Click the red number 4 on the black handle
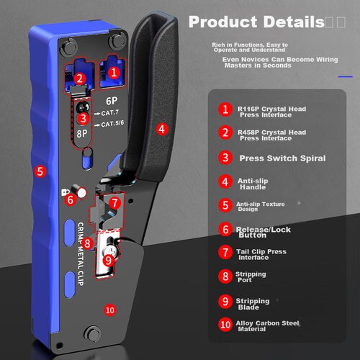click(x=161, y=130)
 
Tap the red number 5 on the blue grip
click(x=40, y=171)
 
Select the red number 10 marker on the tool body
click(x=110, y=310)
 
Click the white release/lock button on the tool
click(x=81, y=192)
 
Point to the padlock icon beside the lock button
click(x=65, y=192)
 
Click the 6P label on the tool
click(x=112, y=101)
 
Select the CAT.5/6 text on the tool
click(x=112, y=124)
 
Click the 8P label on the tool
click(x=82, y=133)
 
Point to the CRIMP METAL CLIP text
click(x=81, y=254)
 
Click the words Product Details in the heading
click(x=256, y=22)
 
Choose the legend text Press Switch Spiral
click(x=282, y=158)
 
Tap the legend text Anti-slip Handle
click(x=253, y=184)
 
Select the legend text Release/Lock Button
click(x=264, y=232)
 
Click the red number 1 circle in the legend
click(x=225, y=109)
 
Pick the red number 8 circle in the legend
click(x=225, y=276)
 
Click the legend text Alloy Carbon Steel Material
click(x=268, y=326)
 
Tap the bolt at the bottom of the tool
click(x=93, y=333)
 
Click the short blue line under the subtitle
click(x=345, y=77)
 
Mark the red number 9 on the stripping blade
click(x=109, y=260)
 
